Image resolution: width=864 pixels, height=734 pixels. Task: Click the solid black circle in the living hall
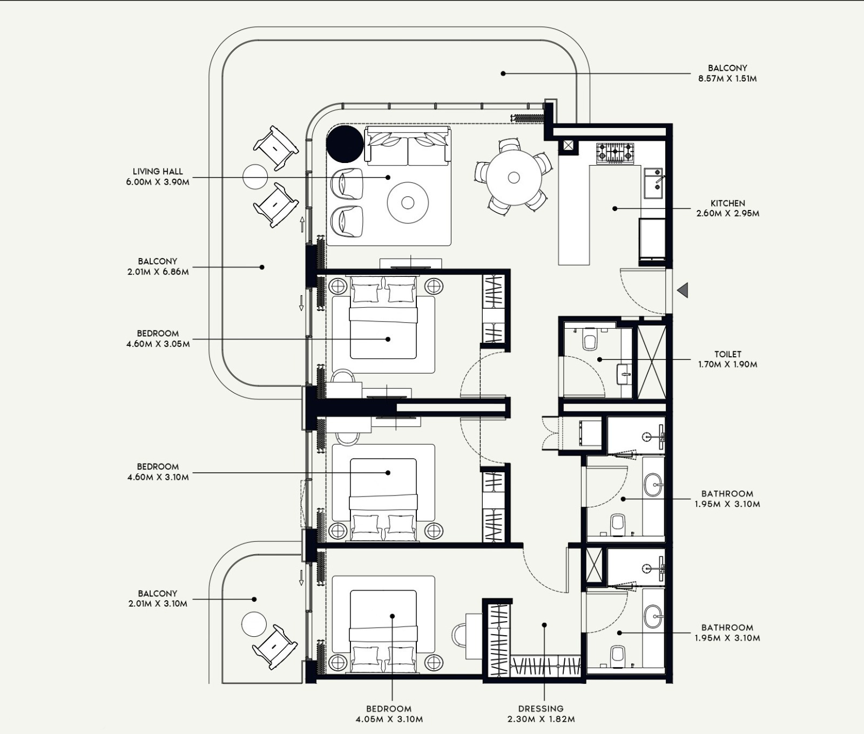point(345,144)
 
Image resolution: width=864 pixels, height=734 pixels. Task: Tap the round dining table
point(514,177)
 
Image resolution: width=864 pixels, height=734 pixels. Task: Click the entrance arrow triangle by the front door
point(683,290)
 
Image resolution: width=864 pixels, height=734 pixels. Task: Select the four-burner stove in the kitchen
point(615,153)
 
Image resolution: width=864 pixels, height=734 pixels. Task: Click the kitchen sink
point(653,180)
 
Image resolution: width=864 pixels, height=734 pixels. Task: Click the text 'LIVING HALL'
point(158,172)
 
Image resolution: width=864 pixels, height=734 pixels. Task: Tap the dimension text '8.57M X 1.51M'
point(727,78)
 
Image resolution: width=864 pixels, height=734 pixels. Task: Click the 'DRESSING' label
point(541,709)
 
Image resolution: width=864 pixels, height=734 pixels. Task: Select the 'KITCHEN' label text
point(727,203)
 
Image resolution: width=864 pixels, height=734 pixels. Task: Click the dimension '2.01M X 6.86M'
point(158,271)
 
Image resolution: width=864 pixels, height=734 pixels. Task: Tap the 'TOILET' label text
point(727,354)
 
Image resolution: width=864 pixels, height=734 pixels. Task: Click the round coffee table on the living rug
point(408,202)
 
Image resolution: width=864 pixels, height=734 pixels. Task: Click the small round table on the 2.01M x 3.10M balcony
point(254,624)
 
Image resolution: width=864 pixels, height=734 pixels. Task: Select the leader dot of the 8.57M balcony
point(503,73)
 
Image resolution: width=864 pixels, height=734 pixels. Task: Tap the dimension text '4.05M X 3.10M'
point(389,719)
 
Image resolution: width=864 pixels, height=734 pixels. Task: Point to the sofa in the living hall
point(408,146)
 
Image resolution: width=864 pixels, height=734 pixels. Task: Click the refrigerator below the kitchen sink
point(652,239)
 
